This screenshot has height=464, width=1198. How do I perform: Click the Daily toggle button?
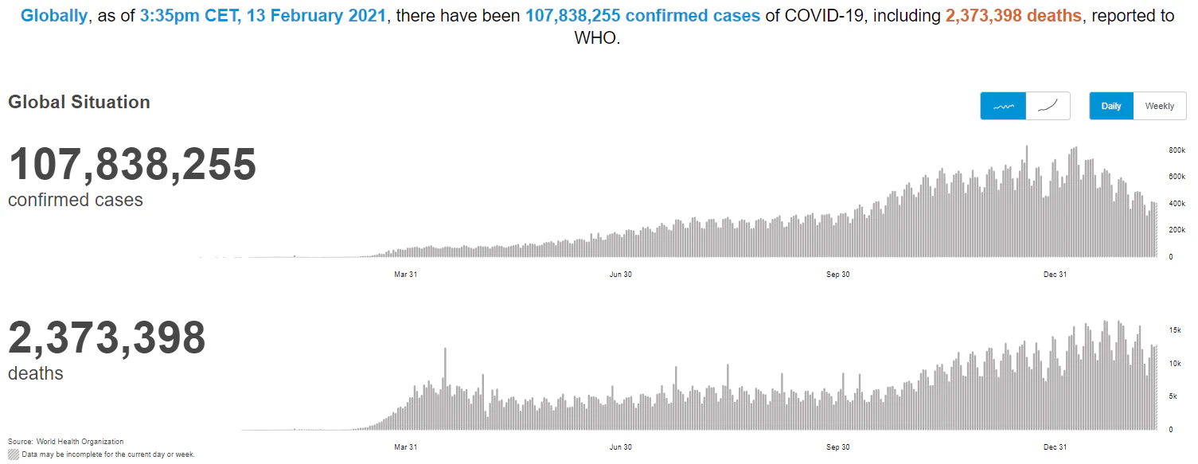pyautogui.click(x=1110, y=106)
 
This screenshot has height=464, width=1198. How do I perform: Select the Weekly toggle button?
pyautogui.click(x=1159, y=106)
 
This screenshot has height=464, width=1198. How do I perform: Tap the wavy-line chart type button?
pyautogui.click(x=1003, y=106)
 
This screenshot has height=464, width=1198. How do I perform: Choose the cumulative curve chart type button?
pyautogui.click(x=1048, y=106)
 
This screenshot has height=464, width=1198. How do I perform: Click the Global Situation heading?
pyautogui.click(x=79, y=102)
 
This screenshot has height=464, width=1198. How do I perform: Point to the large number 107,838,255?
pyautogui.click(x=132, y=165)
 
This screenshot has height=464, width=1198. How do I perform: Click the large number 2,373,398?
pyautogui.click(x=107, y=338)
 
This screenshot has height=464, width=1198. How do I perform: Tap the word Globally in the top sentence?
pyautogui.click(x=54, y=15)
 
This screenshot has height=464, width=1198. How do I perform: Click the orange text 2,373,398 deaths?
pyautogui.click(x=1013, y=15)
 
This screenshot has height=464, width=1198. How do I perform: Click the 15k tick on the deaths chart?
pyautogui.click(x=1173, y=329)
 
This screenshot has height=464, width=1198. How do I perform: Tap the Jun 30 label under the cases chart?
pyautogui.click(x=620, y=275)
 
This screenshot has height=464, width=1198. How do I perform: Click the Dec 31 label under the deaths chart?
pyautogui.click(x=1055, y=447)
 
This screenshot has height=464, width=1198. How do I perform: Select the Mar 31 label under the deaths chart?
pyautogui.click(x=405, y=447)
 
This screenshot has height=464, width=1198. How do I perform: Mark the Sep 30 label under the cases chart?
pyautogui.click(x=838, y=275)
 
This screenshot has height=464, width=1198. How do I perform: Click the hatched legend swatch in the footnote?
pyautogui.click(x=14, y=454)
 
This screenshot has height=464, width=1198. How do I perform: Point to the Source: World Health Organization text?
pyautogui.click(x=66, y=441)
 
